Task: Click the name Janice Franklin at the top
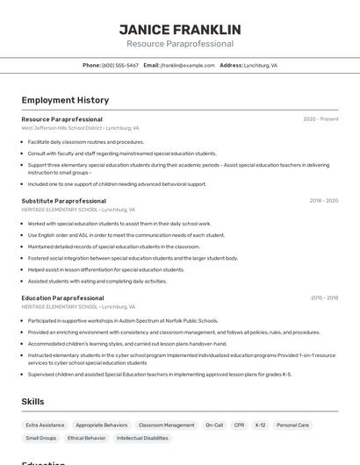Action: pyautogui.click(x=180, y=30)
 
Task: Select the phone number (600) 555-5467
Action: pyautogui.click(x=120, y=65)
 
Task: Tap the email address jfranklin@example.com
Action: pyautogui.click(x=186, y=65)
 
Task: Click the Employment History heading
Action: pyautogui.click(x=65, y=100)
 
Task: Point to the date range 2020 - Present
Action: pyautogui.click(x=320, y=118)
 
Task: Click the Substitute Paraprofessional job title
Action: pyautogui.click(x=63, y=201)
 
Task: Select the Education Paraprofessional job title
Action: pyautogui.click(x=62, y=298)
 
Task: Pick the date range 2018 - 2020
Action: pyautogui.click(x=323, y=201)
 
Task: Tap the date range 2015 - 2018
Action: pyautogui.click(x=324, y=297)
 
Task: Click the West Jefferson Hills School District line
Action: pyautogui.click(x=80, y=128)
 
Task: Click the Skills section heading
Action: pyautogui.click(x=32, y=401)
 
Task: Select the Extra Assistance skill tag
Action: pyautogui.click(x=45, y=425)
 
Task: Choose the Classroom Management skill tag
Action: pyautogui.click(x=166, y=425)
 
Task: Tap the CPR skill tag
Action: pyautogui.click(x=239, y=425)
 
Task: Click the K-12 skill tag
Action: pyautogui.click(x=260, y=425)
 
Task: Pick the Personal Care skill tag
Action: pyautogui.click(x=292, y=425)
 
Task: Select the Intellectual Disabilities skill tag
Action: pyautogui.click(x=142, y=438)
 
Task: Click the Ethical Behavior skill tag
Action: pyautogui.click(x=86, y=438)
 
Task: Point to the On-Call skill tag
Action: pyautogui.click(x=214, y=425)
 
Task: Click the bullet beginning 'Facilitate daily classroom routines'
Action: pyautogui.click(x=85, y=142)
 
